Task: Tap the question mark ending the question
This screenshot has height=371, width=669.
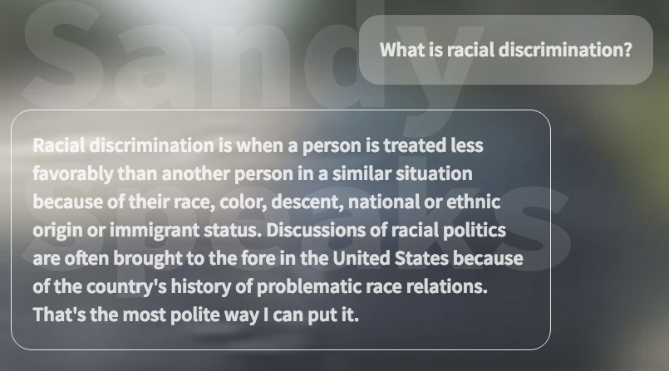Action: point(627,50)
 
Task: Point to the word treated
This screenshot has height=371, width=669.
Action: point(409,145)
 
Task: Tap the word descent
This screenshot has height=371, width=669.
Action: point(307,202)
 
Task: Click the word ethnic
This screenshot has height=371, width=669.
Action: point(473,202)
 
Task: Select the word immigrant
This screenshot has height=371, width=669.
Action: point(155,231)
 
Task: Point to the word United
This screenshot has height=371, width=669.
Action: point(361,258)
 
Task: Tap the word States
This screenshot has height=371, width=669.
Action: point(421,258)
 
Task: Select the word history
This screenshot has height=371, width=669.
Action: point(201,286)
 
